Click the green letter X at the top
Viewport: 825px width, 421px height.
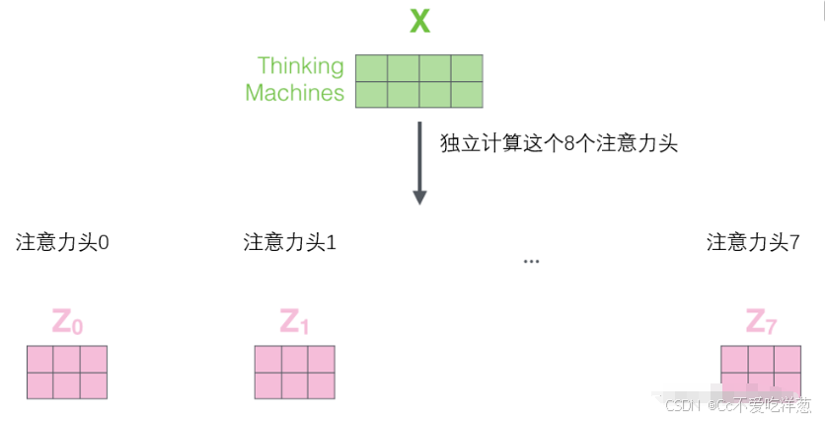420,21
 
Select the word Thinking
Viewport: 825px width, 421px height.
300,66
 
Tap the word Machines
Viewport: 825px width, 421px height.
294,94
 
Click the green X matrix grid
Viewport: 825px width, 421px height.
418,81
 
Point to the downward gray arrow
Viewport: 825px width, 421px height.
419,163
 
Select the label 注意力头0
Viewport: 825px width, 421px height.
62,242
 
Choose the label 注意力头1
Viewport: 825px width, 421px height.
290,242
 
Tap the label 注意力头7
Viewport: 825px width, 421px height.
753,242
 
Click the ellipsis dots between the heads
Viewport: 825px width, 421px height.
532,262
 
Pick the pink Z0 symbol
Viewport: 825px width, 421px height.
66,321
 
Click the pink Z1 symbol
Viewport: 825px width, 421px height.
294,321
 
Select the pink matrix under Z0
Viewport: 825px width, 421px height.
66,372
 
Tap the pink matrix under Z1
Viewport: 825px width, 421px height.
294,372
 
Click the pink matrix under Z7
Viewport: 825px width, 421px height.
760,372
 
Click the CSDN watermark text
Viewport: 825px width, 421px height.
737,405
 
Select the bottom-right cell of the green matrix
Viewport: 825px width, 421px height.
466,94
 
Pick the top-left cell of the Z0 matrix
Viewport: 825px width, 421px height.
39,359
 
